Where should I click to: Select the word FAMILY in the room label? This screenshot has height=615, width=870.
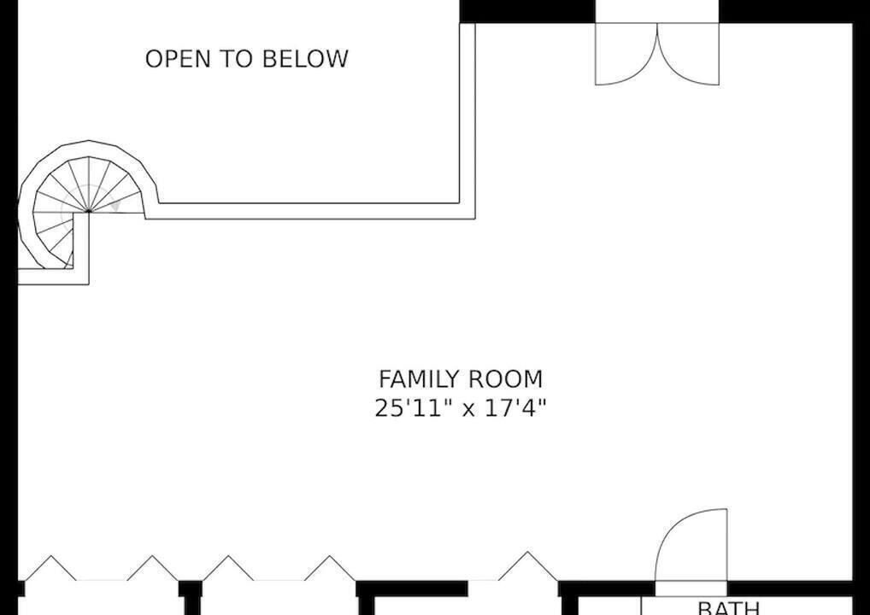tap(420, 379)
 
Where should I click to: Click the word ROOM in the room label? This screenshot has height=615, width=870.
tap(505, 379)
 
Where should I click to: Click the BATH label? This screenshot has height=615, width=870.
tap(728, 608)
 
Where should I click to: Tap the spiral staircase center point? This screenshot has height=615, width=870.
tap(89, 211)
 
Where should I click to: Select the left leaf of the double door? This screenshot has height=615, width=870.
tap(626, 54)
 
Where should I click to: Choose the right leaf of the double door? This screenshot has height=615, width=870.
tap(689, 54)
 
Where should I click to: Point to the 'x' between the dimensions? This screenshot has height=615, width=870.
tap(468, 410)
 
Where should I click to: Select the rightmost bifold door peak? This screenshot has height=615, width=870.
tap(526, 553)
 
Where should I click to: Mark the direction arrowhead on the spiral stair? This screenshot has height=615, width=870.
tap(115, 205)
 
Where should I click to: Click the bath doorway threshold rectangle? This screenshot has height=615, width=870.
tap(691, 589)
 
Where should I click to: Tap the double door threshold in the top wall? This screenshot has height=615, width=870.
tap(657, 12)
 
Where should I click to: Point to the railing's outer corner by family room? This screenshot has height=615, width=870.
tap(475, 219)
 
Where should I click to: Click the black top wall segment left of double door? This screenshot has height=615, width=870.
tap(527, 12)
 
